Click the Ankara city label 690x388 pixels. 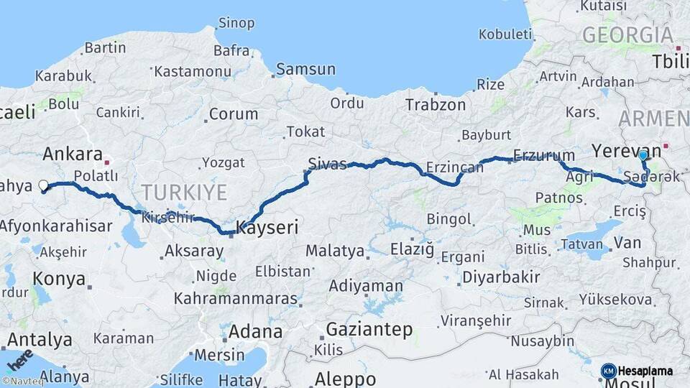[73, 154]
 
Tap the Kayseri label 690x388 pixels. [267, 228]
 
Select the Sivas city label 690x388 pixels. [327, 163]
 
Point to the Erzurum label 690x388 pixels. [544, 155]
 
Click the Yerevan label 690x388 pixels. [616, 150]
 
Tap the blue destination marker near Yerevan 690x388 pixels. [643, 154]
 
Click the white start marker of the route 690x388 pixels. [43, 186]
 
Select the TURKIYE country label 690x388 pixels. [184, 193]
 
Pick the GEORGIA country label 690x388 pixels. [627, 35]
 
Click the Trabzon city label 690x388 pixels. [436, 105]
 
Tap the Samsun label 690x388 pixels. [306, 69]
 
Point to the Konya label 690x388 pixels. [59, 279]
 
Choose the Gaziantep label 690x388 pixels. [369, 330]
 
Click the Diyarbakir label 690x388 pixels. [501, 277]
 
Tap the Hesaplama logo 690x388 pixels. [638, 371]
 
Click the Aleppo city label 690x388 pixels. [345, 379]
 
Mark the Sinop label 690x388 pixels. [236, 23]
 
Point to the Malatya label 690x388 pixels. [335, 251]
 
